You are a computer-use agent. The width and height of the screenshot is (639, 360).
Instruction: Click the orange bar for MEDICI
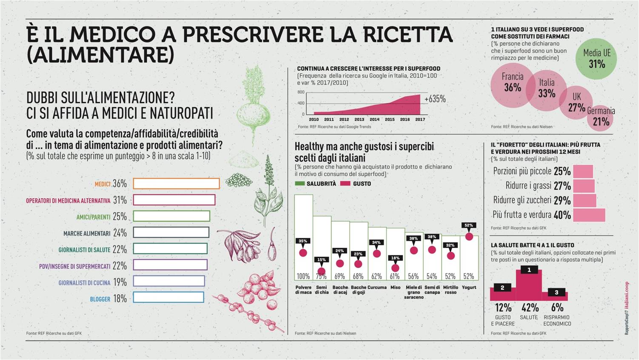(x=176, y=183)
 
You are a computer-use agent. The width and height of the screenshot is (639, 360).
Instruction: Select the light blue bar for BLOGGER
(x=168, y=297)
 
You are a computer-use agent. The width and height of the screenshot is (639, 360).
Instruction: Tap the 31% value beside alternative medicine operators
(x=120, y=200)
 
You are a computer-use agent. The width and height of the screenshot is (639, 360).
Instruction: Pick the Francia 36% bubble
(x=512, y=83)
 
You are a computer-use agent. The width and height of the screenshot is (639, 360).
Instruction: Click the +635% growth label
(x=435, y=99)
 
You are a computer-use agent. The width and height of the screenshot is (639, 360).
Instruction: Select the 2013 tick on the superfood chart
(x=359, y=120)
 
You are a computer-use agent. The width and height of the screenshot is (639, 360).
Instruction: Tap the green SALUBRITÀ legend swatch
(x=300, y=184)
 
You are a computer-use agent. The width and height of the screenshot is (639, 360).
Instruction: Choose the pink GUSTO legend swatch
(x=345, y=184)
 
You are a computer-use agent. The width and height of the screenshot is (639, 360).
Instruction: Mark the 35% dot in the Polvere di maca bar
(x=303, y=253)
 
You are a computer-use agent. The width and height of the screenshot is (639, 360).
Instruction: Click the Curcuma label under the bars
(x=377, y=288)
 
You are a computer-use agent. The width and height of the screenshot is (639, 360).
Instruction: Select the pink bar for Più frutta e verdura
(x=589, y=215)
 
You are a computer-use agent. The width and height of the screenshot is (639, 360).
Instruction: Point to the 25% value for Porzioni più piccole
(x=562, y=171)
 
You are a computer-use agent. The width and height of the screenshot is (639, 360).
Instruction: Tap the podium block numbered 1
(x=529, y=281)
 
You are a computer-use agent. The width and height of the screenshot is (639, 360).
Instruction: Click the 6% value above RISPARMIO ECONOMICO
(x=557, y=307)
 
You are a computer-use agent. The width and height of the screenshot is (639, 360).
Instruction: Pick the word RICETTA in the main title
(x=409, y=34)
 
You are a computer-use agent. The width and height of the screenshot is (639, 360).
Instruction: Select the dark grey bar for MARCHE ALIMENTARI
(x=171, y=232)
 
